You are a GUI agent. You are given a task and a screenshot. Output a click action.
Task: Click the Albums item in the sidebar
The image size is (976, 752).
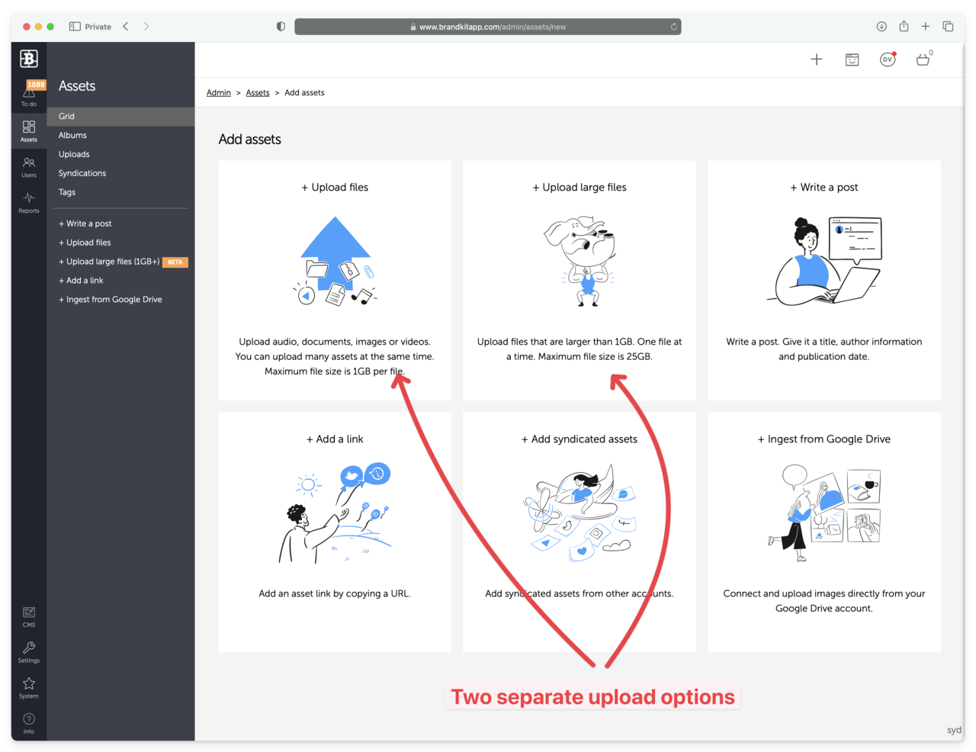pos(72,135)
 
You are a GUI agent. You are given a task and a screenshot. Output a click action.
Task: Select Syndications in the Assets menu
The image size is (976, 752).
pos(82,173)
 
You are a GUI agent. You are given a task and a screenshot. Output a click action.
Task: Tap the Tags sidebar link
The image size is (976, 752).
pos(67,192)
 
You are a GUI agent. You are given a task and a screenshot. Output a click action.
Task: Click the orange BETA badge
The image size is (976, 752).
pos(175,262)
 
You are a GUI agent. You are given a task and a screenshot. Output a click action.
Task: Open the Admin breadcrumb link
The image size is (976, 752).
pos(218,92)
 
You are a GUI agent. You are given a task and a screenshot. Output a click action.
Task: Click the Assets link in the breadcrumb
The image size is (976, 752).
pos(258,92)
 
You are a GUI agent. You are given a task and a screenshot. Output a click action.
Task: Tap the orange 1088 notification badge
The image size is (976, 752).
pos(36,85)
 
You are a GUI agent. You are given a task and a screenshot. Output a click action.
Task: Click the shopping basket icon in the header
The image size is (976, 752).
pos(923,59)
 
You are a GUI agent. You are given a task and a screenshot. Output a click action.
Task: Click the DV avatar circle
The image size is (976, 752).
pos(887,59)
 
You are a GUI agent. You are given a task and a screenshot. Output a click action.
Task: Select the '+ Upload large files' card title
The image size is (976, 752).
pos(579,188)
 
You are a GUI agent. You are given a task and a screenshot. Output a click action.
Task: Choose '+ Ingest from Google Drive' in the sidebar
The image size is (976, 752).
pos(110,299)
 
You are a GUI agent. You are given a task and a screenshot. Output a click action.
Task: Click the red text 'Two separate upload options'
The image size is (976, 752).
pos(592,697)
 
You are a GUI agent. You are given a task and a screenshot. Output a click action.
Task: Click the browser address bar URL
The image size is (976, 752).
pos(493,27)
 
